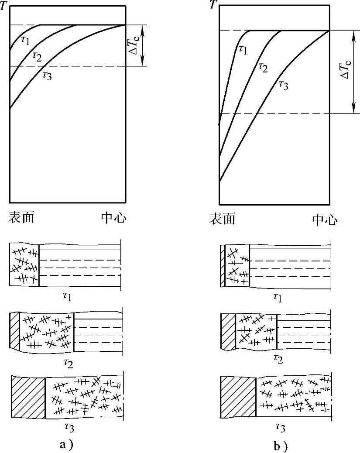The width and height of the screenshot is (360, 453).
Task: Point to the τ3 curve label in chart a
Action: pyautogui.click(x=47, y=74)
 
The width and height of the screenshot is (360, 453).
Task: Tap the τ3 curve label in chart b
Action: pyautogui.click(x=283, y=85)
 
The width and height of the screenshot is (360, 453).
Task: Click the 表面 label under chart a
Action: pyautogui.click(x=21, y=217)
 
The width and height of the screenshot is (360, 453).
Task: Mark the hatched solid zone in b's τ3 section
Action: pyautogui.click(x=238, y=396)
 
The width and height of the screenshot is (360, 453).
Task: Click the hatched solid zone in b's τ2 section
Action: pyautogui.click(x=228, y=332)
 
